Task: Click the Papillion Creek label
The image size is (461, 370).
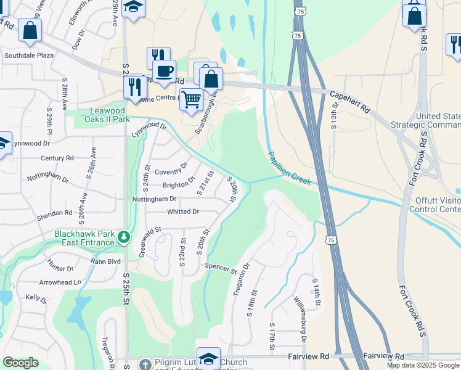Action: coord(289,168)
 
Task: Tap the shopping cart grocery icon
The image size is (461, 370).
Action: coord(192,99)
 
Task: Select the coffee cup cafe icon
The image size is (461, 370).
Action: coord(164,72)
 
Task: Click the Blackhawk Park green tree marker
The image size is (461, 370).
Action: coord(124,237)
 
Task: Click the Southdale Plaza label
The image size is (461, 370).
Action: coord(29,55)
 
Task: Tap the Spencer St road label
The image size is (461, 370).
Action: coord(221,269)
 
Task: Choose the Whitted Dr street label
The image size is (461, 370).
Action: coord(183,212)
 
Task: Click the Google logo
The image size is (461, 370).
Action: coord(20,363)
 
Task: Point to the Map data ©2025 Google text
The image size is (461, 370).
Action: coord(423,365)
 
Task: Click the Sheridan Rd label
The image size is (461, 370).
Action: coord(55,213)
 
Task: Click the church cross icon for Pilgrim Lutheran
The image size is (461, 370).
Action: coord(145,363)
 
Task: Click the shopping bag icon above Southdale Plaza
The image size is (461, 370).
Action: coord(29,30)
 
